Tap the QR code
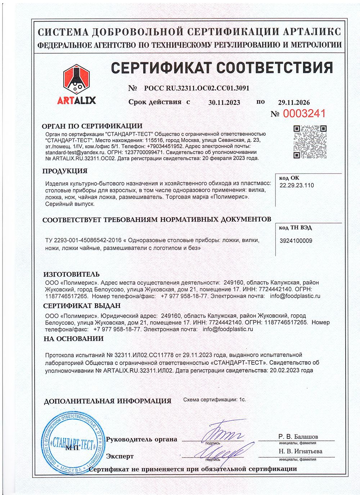[x=310, y=142]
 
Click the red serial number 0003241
[x=304, y=114]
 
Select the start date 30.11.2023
[x=224, y=103]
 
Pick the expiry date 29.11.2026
[x=294, y=103]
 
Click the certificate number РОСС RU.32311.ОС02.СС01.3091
[x=196, y=88]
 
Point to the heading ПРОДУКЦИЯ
[x=65, y=171]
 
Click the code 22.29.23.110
[x=297, y=185]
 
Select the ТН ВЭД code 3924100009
[x=296, y=241]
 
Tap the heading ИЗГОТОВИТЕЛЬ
[x=71, y=274]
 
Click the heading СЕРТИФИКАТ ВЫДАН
[x=82, y=306]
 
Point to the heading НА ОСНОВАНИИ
[x=73, y=339]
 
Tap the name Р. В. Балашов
[x=298, y=437]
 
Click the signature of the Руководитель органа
[x=223, y=431]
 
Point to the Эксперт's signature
[x=223, y=450]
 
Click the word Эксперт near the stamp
[x=120, y=456]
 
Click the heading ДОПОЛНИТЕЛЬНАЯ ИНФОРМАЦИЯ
[x=107, y=401]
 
